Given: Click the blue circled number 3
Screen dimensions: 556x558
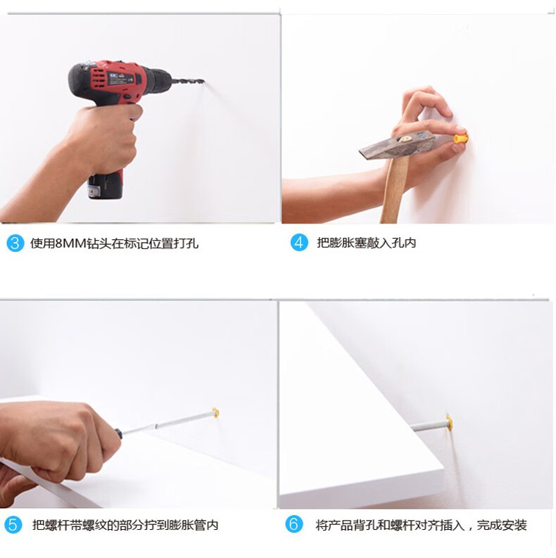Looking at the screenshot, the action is point(15,243).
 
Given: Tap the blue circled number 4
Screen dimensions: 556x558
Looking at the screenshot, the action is point(299,243).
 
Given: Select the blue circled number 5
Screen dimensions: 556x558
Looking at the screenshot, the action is point(13,525).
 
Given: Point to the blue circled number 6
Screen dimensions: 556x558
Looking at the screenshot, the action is point(294,524).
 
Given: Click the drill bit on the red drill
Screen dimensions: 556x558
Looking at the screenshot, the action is point(188,81).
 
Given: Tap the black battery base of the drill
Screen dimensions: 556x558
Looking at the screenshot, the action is point(106,186).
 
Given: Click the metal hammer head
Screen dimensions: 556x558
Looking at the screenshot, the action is point(397,146).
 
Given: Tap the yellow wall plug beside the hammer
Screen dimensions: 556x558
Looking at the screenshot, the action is point(460,137).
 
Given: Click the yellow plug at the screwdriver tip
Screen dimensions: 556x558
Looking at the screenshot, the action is point(215,413).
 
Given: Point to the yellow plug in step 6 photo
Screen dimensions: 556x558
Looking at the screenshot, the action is point(450,422).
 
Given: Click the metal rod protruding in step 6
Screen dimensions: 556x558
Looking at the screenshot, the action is point(429,425).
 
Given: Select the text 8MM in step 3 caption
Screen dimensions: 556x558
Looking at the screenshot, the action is point(71,243).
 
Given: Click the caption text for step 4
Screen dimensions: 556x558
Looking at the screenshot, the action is point(366,243).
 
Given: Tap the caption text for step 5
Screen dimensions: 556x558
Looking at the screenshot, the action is point(125,525).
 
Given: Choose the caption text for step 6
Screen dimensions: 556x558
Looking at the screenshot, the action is point(421,525).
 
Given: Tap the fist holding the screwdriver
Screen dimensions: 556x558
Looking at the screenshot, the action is point(57,441).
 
